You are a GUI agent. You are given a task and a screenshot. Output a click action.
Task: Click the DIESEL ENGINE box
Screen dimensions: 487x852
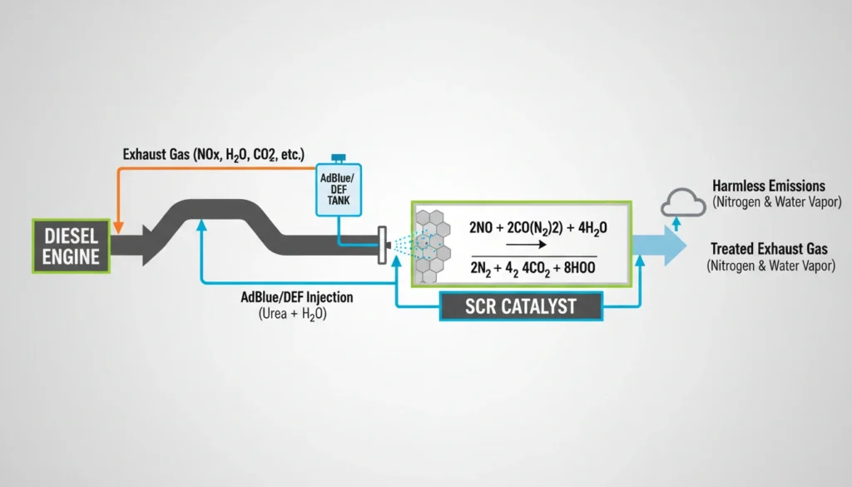point(71,246)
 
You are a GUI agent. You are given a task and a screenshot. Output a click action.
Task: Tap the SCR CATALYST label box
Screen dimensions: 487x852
point(521,306)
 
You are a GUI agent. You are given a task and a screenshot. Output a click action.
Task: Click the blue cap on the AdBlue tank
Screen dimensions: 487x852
point(339,157)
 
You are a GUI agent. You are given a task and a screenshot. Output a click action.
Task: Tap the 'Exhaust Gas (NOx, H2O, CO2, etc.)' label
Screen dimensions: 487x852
point(213,155)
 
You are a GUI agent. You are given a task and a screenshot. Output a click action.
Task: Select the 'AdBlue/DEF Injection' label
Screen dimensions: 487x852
point(296,297)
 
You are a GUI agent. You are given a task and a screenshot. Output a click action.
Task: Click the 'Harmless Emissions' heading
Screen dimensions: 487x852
point(769,186)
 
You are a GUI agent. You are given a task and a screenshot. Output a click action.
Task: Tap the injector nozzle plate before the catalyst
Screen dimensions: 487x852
point(382,245)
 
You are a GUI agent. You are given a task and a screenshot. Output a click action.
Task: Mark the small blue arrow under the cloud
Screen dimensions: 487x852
point(677,222)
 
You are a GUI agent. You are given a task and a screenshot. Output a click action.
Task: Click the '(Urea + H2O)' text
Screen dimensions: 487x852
point(290,315)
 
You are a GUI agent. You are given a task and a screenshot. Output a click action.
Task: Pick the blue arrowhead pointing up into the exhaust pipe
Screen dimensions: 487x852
point(201,224)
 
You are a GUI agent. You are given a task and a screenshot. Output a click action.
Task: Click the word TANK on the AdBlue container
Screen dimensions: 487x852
point(339,199)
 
